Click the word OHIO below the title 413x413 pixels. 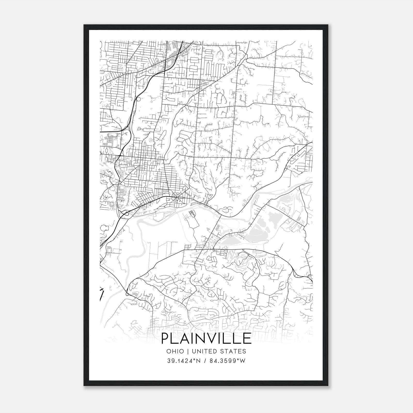(175, 351)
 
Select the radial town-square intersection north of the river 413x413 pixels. (176, 197)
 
